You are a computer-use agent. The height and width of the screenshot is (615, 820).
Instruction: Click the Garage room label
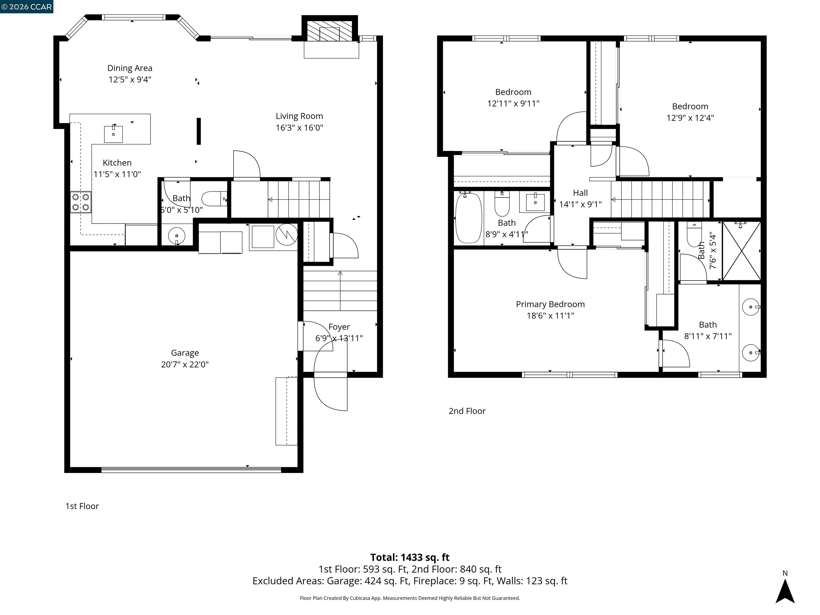pyautogui.click(x=185, y=353)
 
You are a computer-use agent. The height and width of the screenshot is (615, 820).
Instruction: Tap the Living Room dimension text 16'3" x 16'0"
pyautogui.click(x=299, y=128)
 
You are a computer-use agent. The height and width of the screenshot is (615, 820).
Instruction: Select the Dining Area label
pyautogui.click(x=130, y=68)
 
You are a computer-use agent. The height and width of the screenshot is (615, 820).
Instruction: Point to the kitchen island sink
pyautogui.click(x=113, y=134)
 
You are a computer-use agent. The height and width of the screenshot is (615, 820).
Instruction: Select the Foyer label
pyautogui.click(x=339, y=327)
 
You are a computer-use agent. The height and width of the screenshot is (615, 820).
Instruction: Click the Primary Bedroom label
pyautogui.click(x=550, y=304)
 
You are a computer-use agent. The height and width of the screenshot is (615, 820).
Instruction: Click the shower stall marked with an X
pyautogui.click(x=742, y=251)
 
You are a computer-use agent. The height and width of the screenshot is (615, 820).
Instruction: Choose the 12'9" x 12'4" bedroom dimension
pyautogui.click(x=690, y=118)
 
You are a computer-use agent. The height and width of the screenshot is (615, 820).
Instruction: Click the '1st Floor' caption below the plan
pyautogui.click(x=82, y=506)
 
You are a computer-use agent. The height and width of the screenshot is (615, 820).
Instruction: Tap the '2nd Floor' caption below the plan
pyautogui.click(x=467, y=411)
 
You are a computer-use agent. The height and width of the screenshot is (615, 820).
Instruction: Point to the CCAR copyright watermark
pyautogui.click(x=27, y=7)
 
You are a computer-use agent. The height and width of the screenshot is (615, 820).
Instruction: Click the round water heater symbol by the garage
pyautogui.click(x=287, y=235)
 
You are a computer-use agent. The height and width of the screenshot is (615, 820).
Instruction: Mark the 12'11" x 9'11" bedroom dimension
pyautogui.click(x=513, y=103)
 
